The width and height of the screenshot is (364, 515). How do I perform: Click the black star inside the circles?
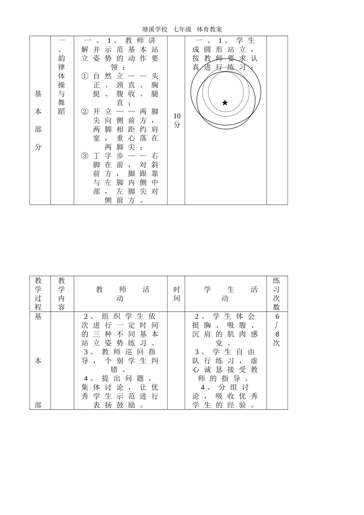click(x=225, y=103)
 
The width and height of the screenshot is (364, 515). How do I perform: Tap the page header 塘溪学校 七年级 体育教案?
click(x=182, y=29)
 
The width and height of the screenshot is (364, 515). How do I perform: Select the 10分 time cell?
click(x=177, y=120)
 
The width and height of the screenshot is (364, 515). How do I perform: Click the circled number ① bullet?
click(x=85, y=76)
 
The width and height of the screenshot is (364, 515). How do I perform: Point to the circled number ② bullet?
click(x=85, y=112)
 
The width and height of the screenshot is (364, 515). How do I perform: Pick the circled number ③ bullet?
click(x=85, y=156)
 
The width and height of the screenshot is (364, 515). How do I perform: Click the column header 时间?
click(x=177, y=294)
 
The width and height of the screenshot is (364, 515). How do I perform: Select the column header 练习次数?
click(x=277, y=294)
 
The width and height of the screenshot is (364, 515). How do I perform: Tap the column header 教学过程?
click(x=38, y=294)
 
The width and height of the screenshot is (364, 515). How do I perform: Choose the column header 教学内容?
click(x=62, y=294)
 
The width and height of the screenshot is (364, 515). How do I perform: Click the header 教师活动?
click(x=121, y=294)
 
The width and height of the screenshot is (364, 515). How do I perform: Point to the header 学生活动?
click(x=225, y=294)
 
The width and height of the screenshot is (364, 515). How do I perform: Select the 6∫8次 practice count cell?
click(x=277, y=330)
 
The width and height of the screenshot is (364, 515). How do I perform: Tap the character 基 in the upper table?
click(x=38, y=94)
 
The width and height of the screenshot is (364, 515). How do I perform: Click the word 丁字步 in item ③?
click(x=108, y=156)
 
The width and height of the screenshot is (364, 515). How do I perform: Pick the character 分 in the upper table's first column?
click(x=38, y=147)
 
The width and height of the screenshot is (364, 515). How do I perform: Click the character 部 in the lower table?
click(x=38, y=405)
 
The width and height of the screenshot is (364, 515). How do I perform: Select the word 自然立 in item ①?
click(x=108, y=76)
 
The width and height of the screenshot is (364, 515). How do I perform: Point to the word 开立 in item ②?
click(x=103, y=112)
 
